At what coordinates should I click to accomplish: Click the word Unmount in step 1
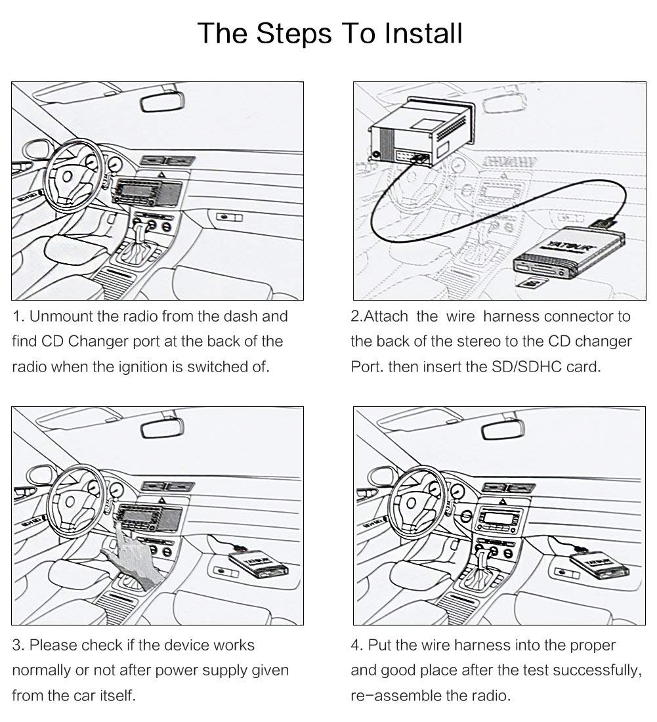click(x=62, y=316)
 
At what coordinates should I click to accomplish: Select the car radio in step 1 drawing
click(x=146, y=192)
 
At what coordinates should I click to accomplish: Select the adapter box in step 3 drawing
click(x=251, y=565)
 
